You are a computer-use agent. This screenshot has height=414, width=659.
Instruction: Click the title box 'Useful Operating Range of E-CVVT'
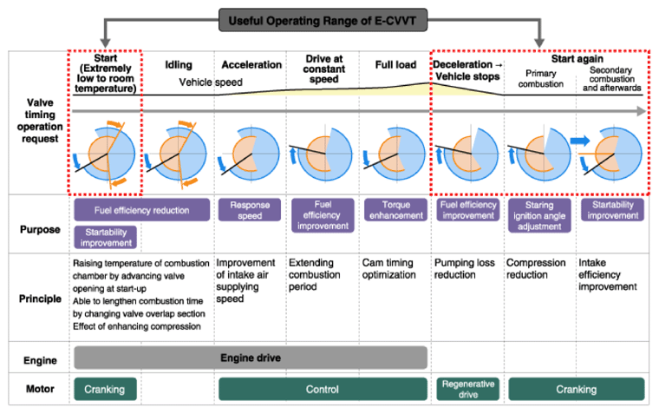tap(323, 20)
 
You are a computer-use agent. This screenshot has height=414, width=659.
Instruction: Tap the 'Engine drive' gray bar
tap(251, 358)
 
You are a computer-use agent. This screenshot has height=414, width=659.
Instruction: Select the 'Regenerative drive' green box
tap(467, 389)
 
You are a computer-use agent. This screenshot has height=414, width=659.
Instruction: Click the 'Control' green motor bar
tap(323, 389)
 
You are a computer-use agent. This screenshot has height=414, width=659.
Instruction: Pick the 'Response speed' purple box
tap(250, 210)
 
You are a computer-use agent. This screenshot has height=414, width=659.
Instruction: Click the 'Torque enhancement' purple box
tap(396, 210)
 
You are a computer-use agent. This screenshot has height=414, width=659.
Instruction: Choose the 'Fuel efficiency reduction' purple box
tap(141, 210)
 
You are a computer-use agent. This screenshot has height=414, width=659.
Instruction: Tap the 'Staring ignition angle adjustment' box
tap(539, 215)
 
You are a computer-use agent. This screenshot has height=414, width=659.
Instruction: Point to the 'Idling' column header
tap(179, 65)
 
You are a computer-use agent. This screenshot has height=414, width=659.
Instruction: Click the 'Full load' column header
tap(395, 65)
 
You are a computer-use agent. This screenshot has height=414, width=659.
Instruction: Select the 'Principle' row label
tap(40, 299)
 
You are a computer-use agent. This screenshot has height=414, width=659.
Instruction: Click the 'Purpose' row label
tap(40, 230)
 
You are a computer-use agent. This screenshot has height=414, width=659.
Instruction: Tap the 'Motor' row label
tap(40, 389)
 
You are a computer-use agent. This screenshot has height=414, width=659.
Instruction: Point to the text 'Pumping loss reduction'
tap(465, 268)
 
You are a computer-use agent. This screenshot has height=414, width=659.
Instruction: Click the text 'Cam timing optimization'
tap(388, 268)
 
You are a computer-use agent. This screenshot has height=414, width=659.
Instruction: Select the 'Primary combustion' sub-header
tap(540, 79)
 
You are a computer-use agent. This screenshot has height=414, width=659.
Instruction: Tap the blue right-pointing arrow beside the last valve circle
tap(580, 141)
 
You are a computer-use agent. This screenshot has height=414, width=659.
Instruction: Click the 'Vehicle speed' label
tap(211, 82)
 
